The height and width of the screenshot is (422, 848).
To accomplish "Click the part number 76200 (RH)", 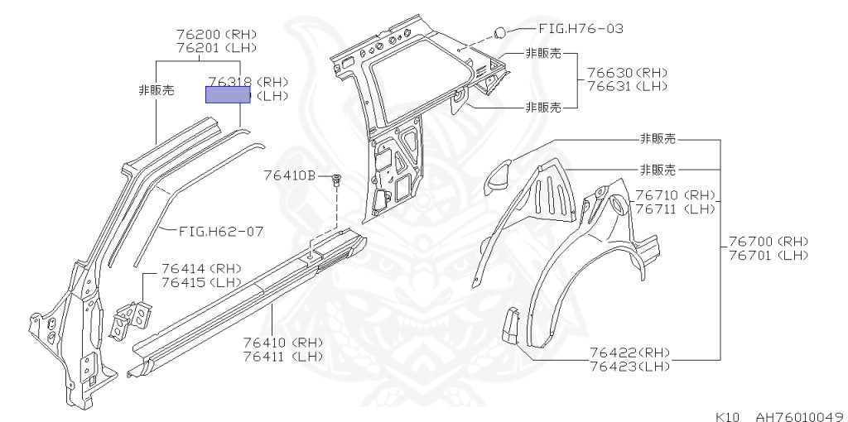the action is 216,35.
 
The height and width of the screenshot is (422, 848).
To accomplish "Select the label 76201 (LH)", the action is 216,48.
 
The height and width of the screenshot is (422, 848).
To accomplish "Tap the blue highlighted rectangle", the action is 228,94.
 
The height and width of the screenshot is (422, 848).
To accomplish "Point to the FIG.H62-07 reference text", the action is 217,232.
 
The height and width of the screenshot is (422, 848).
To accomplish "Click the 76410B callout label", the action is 290,175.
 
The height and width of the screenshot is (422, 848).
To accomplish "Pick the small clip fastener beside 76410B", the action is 335,180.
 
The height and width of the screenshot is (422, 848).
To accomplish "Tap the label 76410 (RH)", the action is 282,343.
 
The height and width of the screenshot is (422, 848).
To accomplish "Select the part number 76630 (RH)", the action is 627,73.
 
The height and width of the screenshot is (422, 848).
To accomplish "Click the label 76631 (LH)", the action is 627,86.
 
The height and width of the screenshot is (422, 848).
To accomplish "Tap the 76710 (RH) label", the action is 674,196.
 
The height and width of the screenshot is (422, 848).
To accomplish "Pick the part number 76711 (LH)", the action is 674,209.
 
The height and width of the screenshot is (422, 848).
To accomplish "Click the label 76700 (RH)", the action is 768,242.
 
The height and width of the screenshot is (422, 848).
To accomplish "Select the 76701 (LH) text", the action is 768,255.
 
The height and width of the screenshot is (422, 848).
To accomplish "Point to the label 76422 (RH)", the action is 629,352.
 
